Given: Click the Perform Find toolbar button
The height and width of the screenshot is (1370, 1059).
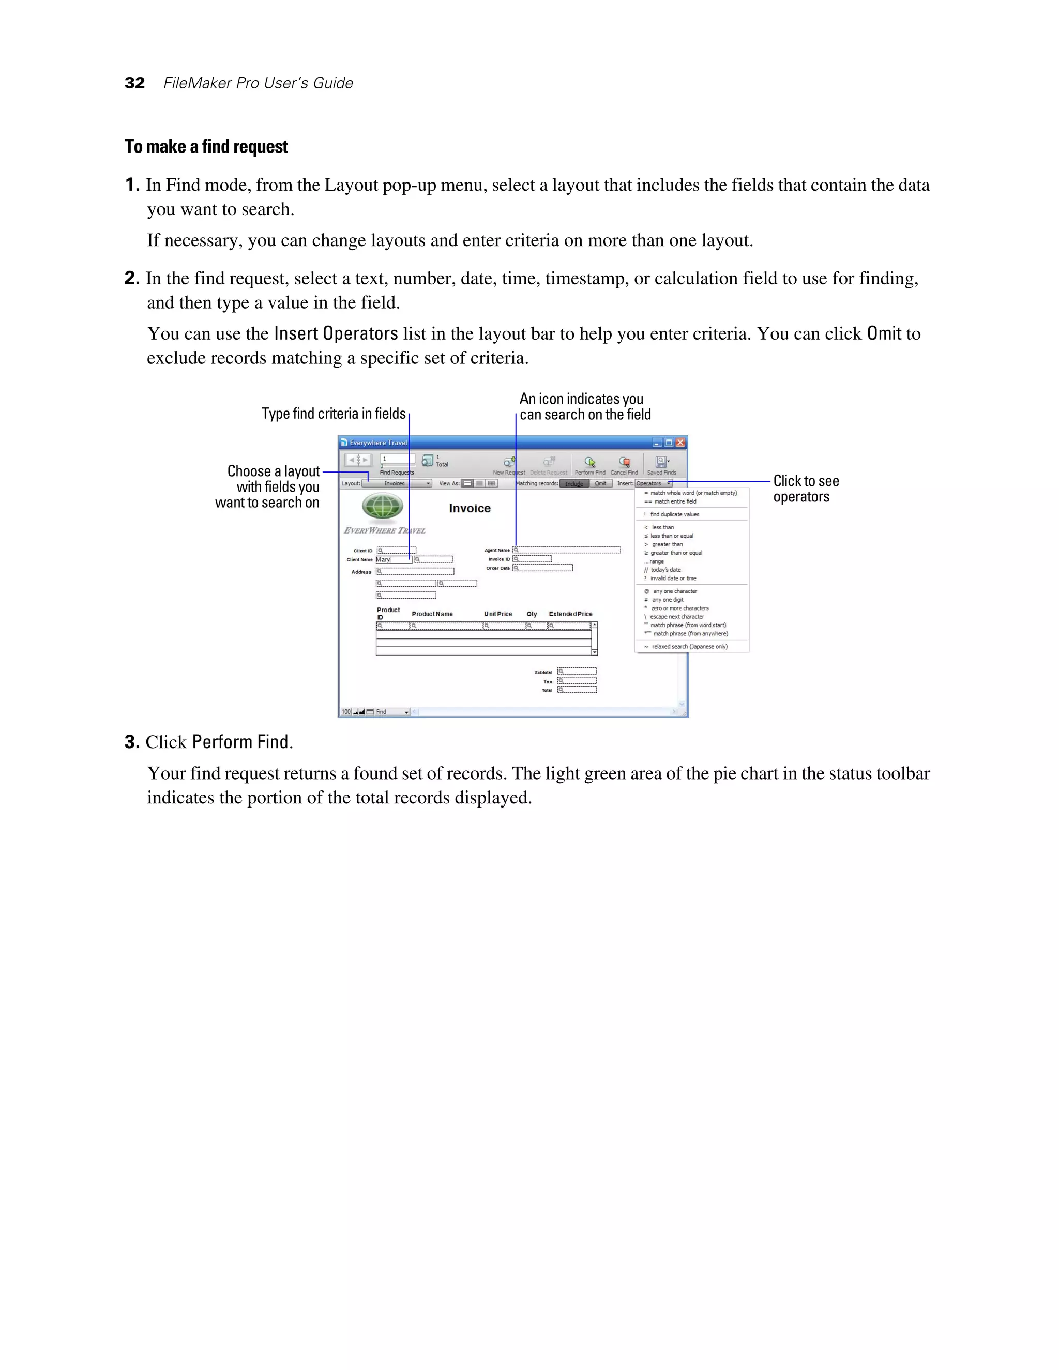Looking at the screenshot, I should [x=589, y=464].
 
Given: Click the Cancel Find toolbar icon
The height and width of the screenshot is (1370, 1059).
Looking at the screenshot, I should [x=624, y=464].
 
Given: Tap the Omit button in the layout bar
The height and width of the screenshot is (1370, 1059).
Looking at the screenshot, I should [x=601, y=484].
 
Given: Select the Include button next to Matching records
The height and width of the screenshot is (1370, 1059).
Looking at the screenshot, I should [x=574, y=484].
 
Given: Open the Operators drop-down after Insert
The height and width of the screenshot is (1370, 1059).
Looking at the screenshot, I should [x=653, y=484].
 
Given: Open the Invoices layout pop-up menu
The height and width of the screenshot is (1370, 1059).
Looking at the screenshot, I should [x=397, y=484].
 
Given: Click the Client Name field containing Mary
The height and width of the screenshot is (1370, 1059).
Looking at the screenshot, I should [x=394, y=559].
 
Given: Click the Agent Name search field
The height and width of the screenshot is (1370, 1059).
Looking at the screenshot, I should [x=567, y=550].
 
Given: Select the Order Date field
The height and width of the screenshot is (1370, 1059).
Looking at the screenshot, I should [x=542, y=568].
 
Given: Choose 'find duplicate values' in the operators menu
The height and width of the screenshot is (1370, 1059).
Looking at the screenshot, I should [x=674, y=514].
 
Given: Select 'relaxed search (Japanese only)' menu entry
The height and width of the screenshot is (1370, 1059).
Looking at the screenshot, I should [x=689, y=647].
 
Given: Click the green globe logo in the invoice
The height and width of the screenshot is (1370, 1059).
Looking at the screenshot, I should [x=383, y=506].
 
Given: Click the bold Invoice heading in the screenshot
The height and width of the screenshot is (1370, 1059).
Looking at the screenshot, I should [x=470, y=509].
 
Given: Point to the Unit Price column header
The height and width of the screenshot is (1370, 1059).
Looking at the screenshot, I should [x=498, y=614].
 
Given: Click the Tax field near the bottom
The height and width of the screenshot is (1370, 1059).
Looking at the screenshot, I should [x=577, y=681].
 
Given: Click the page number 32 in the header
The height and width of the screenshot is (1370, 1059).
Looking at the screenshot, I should [x=135, y=83].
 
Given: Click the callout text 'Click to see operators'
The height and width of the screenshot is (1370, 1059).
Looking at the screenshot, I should [x=806, y=489].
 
